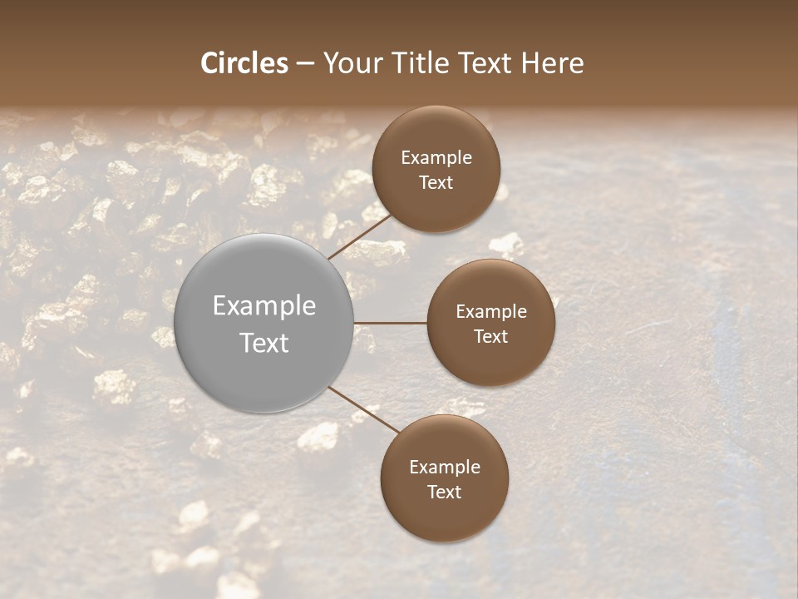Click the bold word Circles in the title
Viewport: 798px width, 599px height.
coord(244,63)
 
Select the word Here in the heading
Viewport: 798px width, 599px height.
coord(552,63)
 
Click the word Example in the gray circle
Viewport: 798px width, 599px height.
coord(264,306)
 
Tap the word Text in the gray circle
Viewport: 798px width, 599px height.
coord(264,343)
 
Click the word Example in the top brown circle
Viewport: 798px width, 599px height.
coord(436,158)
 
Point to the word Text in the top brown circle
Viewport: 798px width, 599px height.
coord(436,182)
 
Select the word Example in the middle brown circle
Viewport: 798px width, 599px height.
coord(491,312)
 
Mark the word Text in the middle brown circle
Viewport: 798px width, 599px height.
coord(491,336)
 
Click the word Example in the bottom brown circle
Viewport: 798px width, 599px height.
coord(445,468)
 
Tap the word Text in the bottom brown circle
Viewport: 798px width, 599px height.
coord(445,492)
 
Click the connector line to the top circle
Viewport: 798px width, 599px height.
coord(359,235)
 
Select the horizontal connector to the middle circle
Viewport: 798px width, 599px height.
coord(391,323)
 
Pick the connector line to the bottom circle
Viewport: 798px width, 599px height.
coord(364,410)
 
